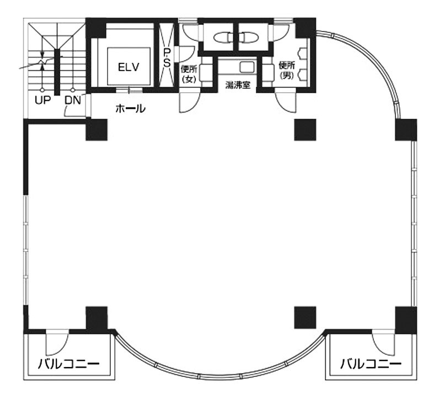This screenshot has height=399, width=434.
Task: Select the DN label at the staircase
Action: (x=73, y=100)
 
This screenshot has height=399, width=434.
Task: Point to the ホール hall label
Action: (x=130, y=109)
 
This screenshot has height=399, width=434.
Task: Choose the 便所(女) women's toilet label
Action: (x=189, y=74)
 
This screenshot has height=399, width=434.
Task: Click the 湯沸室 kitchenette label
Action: (x=238, y=86)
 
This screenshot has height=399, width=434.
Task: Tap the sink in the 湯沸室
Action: (x=245, y=67)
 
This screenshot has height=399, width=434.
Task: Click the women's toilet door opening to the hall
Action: (x=187, y=102)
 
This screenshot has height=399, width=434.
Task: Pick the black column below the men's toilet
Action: (x=305, y=129)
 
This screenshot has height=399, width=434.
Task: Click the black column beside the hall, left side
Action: (x=96, y=129)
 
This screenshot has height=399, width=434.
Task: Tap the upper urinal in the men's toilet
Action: (x=302, y=54)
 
